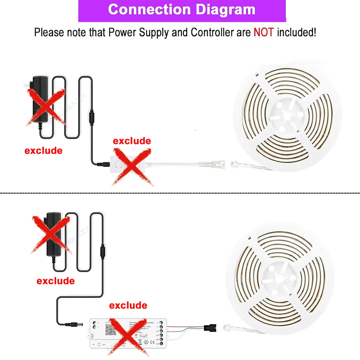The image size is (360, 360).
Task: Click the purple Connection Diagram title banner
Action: (x=182, y=10)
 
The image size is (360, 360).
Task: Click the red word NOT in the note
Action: (x=264, y=32)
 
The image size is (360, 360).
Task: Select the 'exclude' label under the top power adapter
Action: (x=43, y=150)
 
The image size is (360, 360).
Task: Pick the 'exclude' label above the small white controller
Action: (x=132, y=140)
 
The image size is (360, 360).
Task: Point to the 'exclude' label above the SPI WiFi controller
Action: (x=128, y=306)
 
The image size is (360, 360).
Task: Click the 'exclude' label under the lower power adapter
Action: (x=55, y=280)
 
